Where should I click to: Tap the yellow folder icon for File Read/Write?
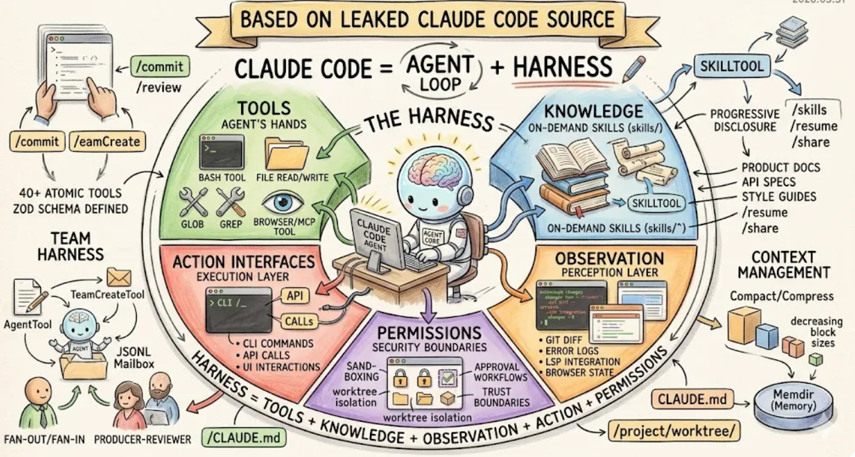click(286, 153)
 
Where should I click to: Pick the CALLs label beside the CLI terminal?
click(298, 321)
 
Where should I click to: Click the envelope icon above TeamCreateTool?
click(119, 277)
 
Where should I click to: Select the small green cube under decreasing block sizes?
click(816, 359)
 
